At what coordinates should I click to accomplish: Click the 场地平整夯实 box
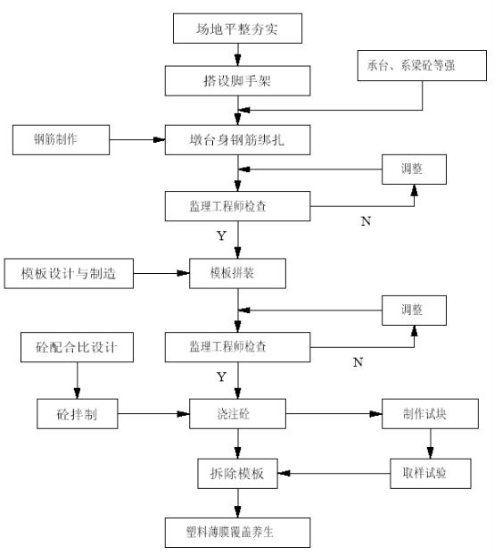click(237, 29)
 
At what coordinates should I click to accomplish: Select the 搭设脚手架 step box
click(237, 80)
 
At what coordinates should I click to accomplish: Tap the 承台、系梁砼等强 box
click(422, 65)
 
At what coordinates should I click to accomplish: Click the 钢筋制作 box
click(61, 140)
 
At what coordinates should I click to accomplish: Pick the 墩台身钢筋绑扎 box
click(237, 140)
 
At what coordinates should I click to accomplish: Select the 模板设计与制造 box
click(69, 273)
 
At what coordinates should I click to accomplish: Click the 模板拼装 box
click(237, 273)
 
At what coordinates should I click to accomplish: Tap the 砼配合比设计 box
click(77, 347)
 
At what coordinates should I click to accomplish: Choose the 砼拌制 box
click(78, 414)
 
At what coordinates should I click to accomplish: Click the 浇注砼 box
click(237, 414)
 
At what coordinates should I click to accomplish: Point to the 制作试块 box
click(430, 414)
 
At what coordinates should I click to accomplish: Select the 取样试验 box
click(431, 474)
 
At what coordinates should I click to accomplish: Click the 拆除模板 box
click(237, 474)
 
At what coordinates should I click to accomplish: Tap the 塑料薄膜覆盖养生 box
click(237, 533)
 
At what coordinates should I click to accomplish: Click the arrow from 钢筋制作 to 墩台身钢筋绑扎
click(137, 140)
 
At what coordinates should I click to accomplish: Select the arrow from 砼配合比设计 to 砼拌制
click(77, 380)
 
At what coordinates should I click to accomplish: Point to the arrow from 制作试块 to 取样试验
click(431, 443)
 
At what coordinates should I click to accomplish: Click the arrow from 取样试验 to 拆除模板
click(334, 473)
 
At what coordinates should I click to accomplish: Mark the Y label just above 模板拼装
click(221, 236)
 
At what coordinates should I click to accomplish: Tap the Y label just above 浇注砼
click(221, 377)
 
